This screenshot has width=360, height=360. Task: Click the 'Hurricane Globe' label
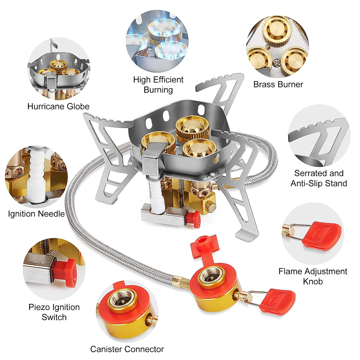58,106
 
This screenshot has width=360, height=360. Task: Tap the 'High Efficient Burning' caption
158,85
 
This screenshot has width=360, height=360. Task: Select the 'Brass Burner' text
278,84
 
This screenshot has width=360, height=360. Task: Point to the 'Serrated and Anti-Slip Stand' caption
319,178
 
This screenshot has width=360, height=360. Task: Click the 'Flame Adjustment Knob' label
313,276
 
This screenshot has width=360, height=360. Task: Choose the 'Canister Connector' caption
127,349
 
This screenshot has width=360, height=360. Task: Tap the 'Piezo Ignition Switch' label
54,312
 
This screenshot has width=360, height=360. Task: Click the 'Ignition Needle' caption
36,214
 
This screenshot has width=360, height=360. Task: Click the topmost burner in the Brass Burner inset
277,29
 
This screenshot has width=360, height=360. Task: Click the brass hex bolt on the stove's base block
211,207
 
